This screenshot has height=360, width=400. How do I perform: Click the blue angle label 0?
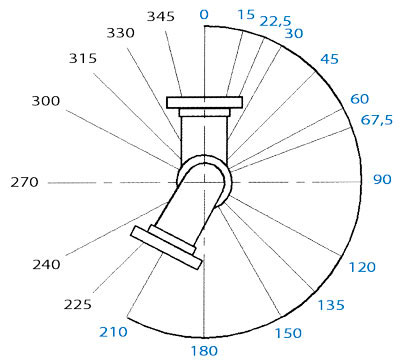(204, 14)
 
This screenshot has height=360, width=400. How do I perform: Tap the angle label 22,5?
(275, 21)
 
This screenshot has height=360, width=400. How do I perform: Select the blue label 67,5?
(377, 120)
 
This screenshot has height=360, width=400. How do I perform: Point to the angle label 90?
(382, 179)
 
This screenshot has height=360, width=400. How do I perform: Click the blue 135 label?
(331, 305)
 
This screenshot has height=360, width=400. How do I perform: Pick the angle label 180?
(204, 351)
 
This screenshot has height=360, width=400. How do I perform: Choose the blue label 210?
(113, 332)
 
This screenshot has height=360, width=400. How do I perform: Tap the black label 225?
(78, 304)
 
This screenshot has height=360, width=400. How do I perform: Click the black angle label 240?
(46, 265)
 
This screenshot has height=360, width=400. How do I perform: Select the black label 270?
(24, 182)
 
